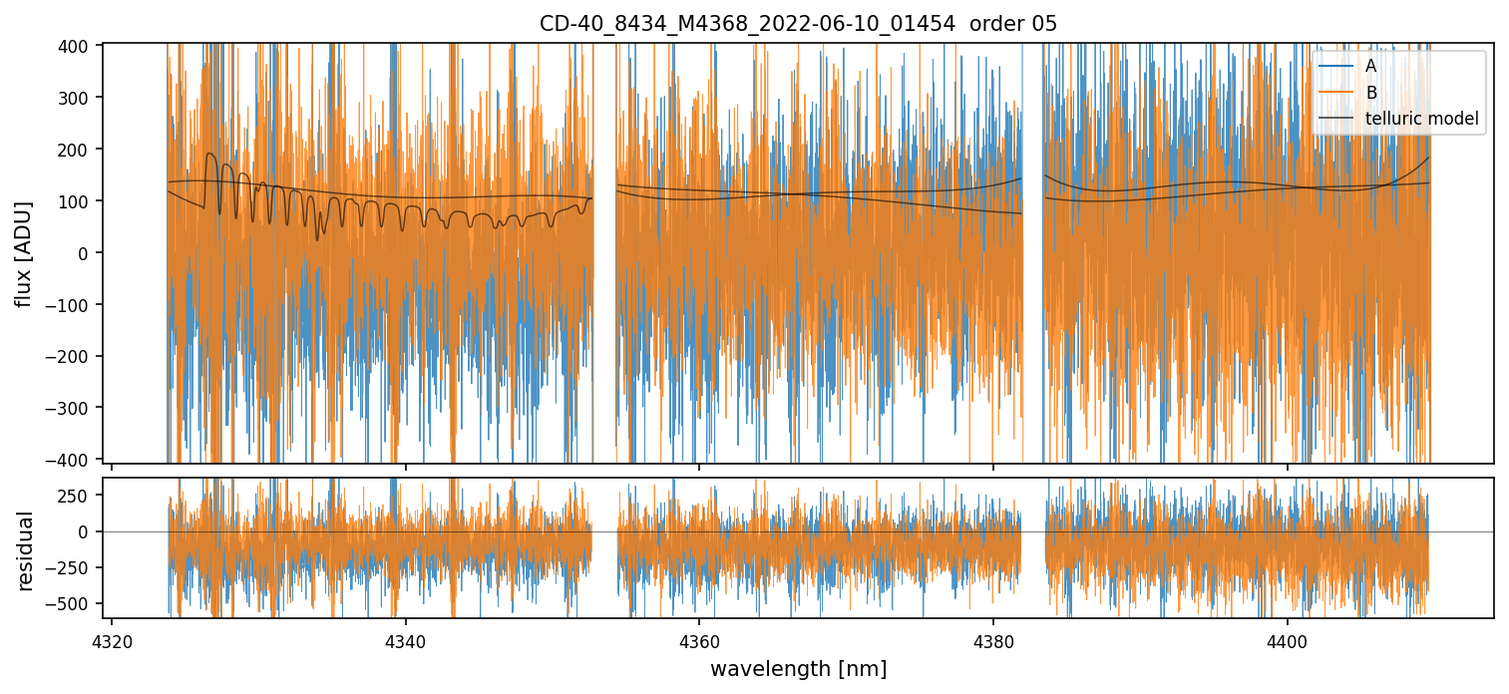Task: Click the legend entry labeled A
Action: coord(1370,66)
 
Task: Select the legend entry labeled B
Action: coord(1370,93)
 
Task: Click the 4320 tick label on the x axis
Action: coord(112,639)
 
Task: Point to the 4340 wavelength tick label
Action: coord(405,639)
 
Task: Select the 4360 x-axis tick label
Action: coord(699,639)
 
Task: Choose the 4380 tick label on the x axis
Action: coord(993,639)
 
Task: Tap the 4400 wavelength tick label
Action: coord(1287,639)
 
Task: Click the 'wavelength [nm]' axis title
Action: coord(798,668)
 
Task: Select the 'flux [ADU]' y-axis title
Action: coord(23,253)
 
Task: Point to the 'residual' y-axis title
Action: coord(25,550)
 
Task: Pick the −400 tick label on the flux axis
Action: coord(74,460)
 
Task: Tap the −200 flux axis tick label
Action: coord(74,356)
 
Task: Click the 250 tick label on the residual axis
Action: coord(79,496)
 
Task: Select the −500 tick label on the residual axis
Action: coord(74,603)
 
